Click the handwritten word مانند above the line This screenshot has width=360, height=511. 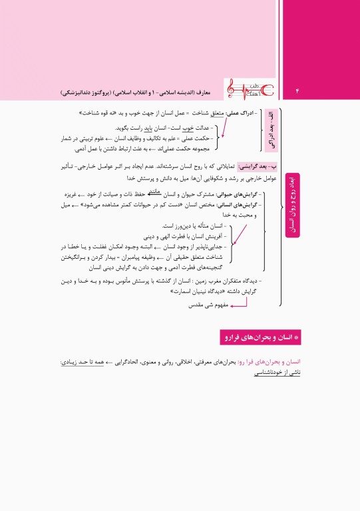tap(157, 190)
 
